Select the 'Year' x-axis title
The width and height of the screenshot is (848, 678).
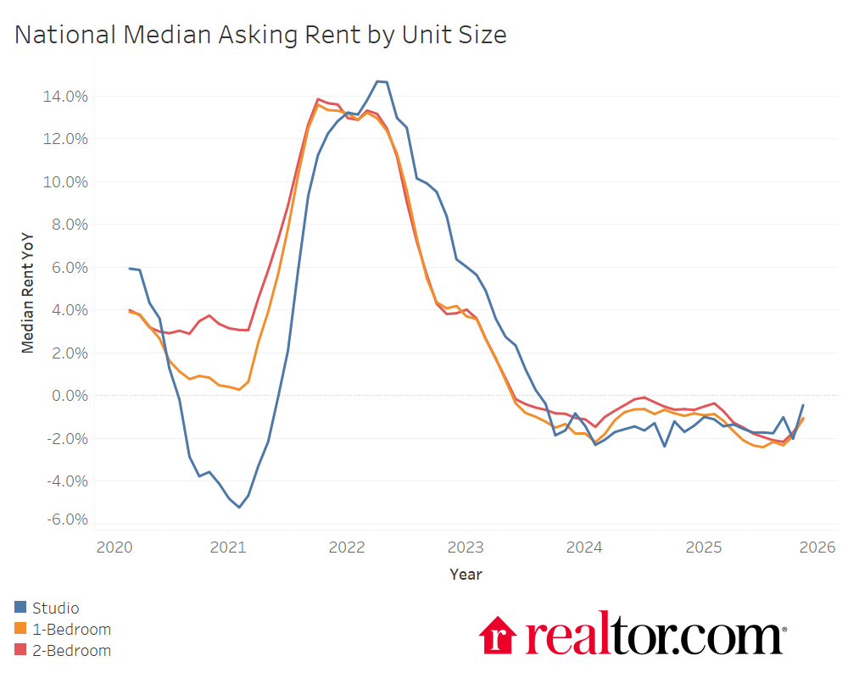466,575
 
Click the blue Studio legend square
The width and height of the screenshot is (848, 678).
20,607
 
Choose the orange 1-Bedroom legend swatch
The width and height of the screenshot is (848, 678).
20,629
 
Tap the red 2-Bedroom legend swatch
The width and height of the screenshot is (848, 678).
20,651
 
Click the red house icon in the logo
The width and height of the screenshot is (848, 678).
498,636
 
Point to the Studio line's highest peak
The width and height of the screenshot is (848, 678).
379,81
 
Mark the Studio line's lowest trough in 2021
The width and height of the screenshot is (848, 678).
239,507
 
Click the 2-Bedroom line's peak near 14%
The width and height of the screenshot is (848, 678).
317,99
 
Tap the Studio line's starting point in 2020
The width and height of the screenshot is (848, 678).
130,269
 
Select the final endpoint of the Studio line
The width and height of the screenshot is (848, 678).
803,405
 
